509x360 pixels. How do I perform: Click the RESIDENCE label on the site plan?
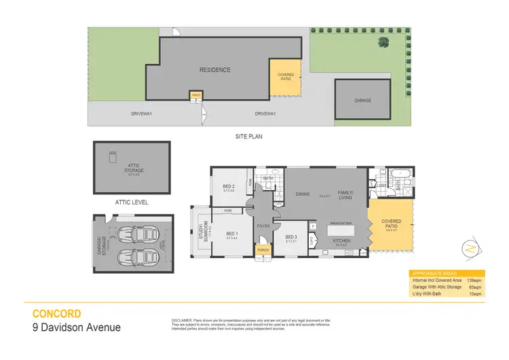point(214,69)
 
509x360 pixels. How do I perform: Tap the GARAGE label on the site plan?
point(362,101)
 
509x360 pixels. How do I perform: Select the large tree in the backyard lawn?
point(384,42)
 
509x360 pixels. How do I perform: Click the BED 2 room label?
point(229,187)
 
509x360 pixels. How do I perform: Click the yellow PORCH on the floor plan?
point(262,250)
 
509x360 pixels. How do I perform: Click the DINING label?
point(302,194)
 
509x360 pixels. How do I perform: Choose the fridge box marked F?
point(313,226)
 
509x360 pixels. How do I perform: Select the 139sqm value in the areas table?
point(478,280)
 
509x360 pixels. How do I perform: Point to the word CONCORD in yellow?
point(57,314)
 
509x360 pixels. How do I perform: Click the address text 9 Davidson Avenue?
point(77,328)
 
